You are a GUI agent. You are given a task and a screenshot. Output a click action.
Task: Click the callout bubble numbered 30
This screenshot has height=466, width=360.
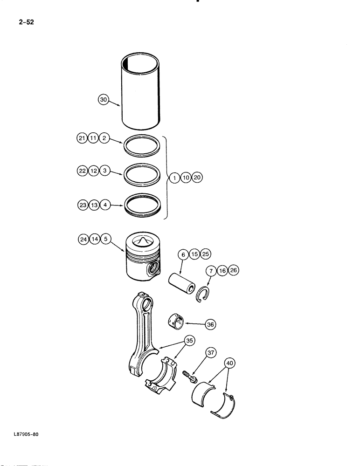[104, 99]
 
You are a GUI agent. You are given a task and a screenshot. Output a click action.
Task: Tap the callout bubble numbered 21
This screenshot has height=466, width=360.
[82, 138]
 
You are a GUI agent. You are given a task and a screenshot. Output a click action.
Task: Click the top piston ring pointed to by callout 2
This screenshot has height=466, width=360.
[143, 147]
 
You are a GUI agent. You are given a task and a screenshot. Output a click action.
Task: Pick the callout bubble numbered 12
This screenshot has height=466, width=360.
[93, 171]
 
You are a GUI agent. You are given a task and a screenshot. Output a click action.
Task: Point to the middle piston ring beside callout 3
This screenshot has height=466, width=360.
[143, 175]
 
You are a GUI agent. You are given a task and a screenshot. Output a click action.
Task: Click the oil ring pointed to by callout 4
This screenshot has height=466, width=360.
[143, 205]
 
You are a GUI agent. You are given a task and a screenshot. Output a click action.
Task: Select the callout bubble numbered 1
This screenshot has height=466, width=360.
[174, 178]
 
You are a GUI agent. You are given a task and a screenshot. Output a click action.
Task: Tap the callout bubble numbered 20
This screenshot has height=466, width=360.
[197, 178]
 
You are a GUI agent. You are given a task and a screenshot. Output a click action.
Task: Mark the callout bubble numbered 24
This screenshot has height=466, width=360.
[83, 240]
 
